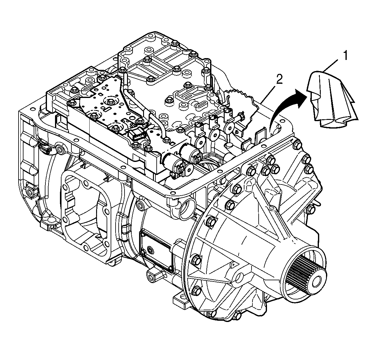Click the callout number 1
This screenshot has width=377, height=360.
[345, 56]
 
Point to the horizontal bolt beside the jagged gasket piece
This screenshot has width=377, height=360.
[239, 117]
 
